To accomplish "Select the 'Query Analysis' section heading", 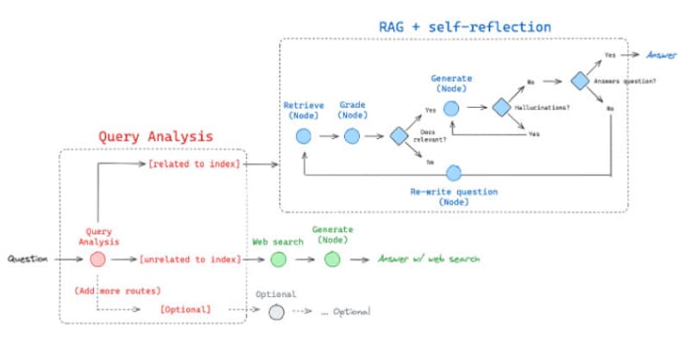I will click(155, 136).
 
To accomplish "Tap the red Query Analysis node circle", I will click(97, 258).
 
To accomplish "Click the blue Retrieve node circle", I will click(303, 136).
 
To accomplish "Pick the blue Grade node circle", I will click(351, 136).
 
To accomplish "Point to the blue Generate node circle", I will click(450, 108).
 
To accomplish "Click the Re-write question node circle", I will click(453, 173).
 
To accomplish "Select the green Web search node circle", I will click(277, 259).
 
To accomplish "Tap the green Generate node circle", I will click(332, 259).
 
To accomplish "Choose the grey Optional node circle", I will click(275, 312).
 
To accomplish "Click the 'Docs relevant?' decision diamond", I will click(398, 136).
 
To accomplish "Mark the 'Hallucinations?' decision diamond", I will click(500, 108).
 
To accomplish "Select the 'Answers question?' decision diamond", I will click(579, 81).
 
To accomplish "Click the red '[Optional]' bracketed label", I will click(185, 309).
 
